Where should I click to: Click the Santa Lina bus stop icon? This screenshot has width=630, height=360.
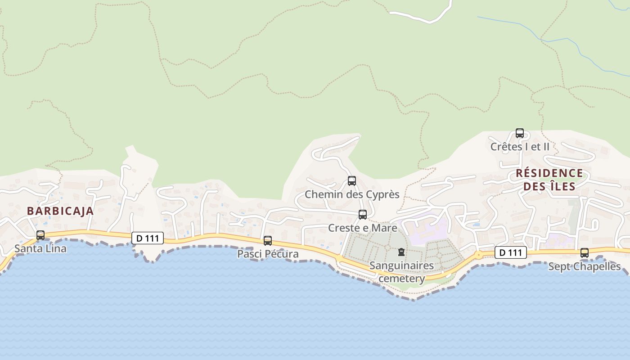[40, 235]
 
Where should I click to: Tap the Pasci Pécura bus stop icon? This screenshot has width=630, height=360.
[268, 241]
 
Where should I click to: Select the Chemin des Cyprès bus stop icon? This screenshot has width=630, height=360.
[352, 181]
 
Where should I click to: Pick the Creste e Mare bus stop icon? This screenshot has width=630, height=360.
[363, 215]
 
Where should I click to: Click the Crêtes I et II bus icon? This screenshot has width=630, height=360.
[520, 133]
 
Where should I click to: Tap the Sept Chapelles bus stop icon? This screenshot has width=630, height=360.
[585, 253]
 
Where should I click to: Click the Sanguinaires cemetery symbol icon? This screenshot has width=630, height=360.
[401, 252]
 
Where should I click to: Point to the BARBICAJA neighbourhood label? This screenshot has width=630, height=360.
[60, 211]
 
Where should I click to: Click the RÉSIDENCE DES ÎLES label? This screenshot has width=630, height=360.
[549, 180]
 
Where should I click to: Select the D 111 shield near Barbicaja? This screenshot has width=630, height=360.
[147, 238]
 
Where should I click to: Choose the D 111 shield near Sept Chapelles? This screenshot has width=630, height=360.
[511, 253]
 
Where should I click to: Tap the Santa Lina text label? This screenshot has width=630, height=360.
[40, 248]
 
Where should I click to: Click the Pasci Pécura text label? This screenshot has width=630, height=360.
[268, 254]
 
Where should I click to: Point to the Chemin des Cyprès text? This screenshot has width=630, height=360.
[352, 194]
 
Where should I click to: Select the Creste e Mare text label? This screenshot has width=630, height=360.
[363, 228]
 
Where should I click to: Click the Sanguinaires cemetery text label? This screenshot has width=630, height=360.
[401, 272]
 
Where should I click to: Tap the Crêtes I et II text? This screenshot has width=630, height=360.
[520, 147]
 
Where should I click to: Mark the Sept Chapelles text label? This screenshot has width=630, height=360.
[585, 266]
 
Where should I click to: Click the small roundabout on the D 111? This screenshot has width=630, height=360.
[478, 255]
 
